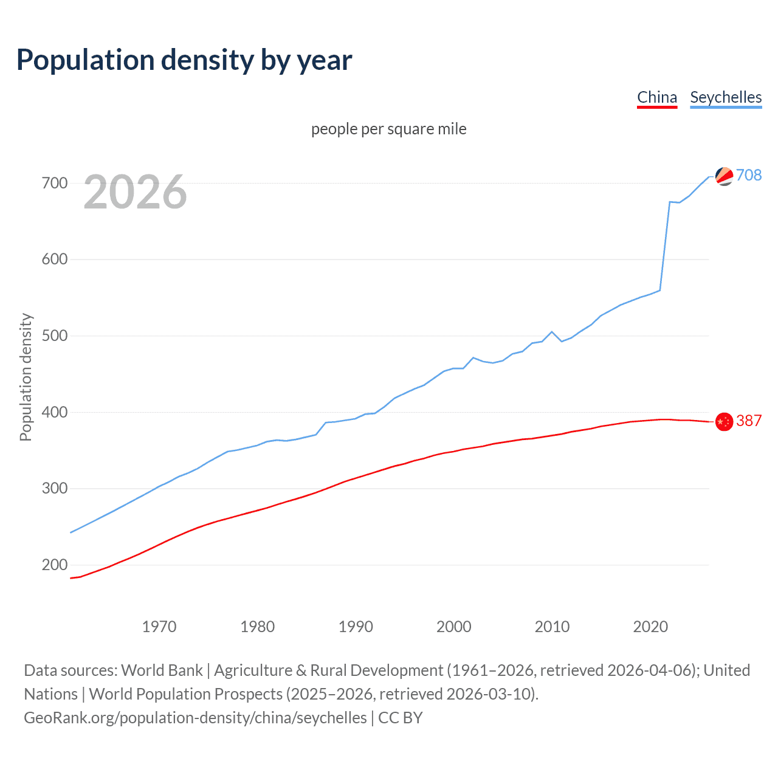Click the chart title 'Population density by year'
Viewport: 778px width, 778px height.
pos(184,60)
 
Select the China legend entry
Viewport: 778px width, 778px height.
pos(656,97)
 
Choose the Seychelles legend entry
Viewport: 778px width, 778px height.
pos(726,97)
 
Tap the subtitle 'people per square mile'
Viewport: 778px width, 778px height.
pos(388,129)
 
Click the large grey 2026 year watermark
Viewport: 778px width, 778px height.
pos(135,192)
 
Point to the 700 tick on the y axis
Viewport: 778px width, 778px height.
pos(54,183)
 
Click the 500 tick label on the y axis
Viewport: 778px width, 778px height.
pos(54,336)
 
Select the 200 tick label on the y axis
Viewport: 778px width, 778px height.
pos(54,565)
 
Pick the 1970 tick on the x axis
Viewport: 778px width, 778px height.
pos(159,627)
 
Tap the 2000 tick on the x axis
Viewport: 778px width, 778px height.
pos(454,627)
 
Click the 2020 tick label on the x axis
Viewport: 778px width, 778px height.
pos(650,627)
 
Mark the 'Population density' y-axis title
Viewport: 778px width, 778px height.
pos(26,377)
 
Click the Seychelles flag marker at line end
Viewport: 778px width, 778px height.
pos(724,176)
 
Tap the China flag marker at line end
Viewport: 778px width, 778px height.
pos(724,421)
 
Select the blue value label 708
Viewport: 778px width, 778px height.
pos(749,175)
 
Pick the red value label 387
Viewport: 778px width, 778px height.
pos(749,421)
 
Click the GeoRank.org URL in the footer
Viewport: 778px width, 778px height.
pos(195,718)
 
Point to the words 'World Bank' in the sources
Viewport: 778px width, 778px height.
pos(162,670)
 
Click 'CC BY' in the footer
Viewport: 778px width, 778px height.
pos(400,718)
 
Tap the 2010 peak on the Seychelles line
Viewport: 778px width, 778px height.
pos(552,332)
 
